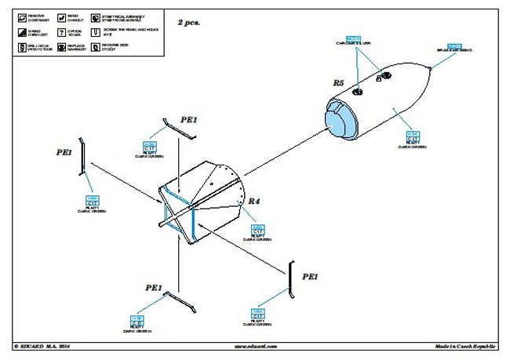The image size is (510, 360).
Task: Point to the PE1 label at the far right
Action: coord(311,277)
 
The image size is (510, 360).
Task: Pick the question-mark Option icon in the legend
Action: coord(61,31)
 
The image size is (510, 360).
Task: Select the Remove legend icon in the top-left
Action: coord(18,15)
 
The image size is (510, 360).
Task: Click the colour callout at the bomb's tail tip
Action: coord(456,49)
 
